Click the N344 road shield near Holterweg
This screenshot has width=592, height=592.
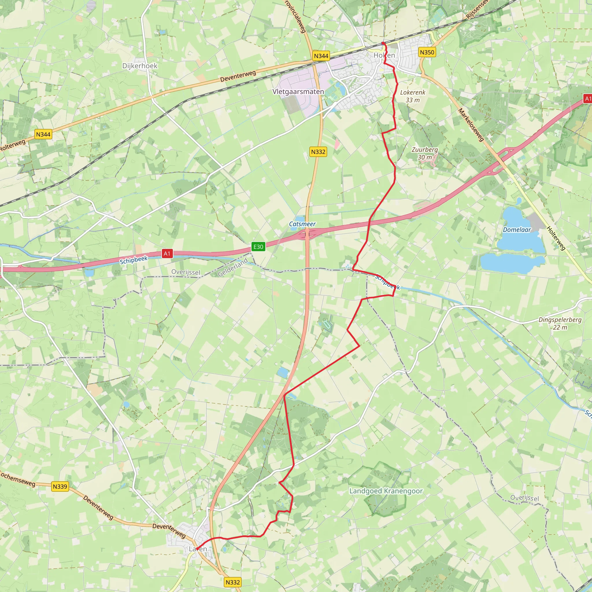pos(43,134)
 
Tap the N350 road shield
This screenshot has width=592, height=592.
pos(427,52)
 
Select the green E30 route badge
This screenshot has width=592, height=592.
pos(258,247)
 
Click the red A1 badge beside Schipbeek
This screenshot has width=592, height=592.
pos(167,254)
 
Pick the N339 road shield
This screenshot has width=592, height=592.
pos(60,486)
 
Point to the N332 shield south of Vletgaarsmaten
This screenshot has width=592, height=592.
pos(318,152)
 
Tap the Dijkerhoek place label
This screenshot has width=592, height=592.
pos(140,66)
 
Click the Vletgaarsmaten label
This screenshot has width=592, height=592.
pos(298,92)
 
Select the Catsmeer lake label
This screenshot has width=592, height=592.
pos(302,224)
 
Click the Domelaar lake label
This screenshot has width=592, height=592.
pos(517,230)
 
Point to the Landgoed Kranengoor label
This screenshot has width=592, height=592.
pos(386,491)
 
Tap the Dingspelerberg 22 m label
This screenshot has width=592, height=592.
pos(560,323)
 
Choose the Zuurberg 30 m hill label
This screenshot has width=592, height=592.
pos(424,153)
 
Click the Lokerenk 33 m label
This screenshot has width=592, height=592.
pos(413,96)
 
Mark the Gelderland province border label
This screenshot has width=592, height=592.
pos(233,267)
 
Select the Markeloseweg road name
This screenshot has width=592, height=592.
pos(471,125)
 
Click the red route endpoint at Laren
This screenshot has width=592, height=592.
pos(197,549)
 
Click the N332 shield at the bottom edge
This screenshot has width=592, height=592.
pos(233,582)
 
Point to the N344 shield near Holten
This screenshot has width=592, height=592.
pos(321,56)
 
